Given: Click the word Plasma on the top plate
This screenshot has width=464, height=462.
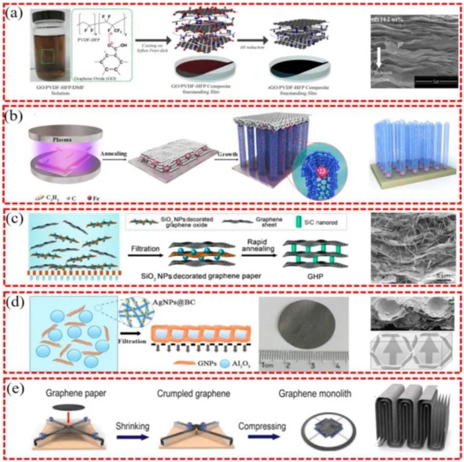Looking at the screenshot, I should pyautogui.click(x=62, y=140).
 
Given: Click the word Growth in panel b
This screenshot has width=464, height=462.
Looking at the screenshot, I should pyautogui.click(x=228, y=154).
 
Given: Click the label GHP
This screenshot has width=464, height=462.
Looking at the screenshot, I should pyautogui.click(x=315, y=277).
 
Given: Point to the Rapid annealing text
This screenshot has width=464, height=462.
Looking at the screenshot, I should pyautogui.click(x=258, y=245).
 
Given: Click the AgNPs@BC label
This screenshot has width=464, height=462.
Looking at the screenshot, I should pyautogui.click(x=174, y=302).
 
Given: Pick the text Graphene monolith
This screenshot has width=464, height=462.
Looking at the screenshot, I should pyautogui.click(x=315, y=394).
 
